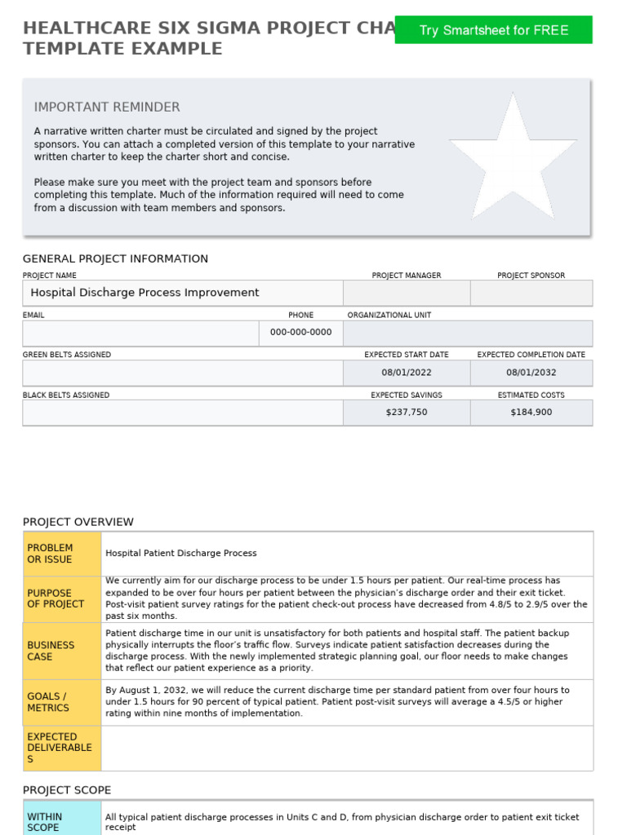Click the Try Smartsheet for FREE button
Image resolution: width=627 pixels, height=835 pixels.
click(493, 30)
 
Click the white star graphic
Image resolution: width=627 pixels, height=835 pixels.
click(513, 157)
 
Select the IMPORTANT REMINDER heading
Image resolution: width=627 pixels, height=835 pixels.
click(107, 107)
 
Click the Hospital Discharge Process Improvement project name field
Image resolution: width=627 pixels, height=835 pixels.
click(182, 293)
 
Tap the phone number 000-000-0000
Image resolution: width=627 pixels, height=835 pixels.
click(300, 333)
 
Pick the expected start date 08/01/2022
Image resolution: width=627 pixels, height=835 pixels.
click(407, 373)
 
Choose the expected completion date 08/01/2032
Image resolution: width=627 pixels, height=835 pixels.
click(531, 373)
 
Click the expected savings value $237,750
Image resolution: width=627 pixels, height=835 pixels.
click(407, 413)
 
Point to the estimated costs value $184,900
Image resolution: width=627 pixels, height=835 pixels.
click(531, 413)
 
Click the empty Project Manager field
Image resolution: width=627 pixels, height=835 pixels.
click(407, 293)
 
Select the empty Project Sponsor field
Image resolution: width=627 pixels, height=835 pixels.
click(531, 293)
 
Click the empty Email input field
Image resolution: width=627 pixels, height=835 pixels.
click(140, 333)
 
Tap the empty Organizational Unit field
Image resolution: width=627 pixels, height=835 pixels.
click(468, 333)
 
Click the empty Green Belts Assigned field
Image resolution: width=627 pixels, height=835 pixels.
click(182, 373)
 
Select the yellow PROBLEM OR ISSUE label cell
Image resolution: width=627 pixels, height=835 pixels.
click(62, 554)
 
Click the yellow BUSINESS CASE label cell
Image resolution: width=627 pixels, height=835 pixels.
click(62, 651)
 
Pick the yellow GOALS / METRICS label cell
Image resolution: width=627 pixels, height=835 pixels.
click(62, 702)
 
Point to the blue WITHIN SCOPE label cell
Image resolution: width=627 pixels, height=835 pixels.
click(62, 820)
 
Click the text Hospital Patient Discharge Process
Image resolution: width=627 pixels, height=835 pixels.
click(181, 554)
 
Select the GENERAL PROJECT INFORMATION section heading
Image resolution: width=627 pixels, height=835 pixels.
click(115, 258)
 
